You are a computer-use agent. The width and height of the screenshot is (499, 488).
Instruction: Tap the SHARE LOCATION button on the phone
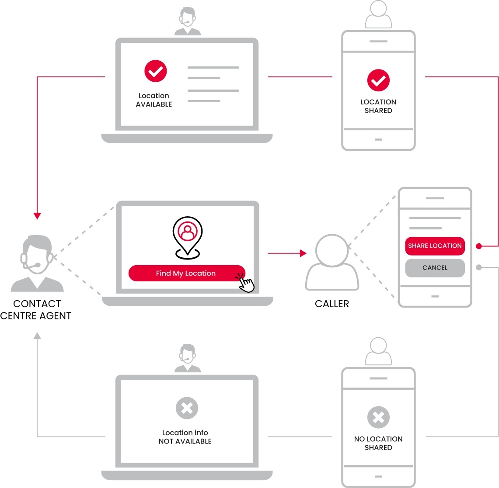coord(435,246)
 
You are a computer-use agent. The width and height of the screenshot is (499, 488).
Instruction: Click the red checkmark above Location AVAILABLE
coord(156,71)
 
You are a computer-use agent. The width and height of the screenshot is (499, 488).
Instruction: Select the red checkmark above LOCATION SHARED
coord(378,80)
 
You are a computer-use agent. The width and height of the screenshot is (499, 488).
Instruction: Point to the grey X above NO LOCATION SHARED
coord(378,417)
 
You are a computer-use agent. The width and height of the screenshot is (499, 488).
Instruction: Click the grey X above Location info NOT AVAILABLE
coord(187,408)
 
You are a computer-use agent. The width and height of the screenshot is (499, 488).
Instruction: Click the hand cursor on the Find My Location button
coord(246,283)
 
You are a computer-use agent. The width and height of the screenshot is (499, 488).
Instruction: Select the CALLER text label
coord(332,304)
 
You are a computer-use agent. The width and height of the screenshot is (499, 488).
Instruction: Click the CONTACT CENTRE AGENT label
coord(36,310)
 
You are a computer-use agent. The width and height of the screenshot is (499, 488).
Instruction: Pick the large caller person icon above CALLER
coord(332,262)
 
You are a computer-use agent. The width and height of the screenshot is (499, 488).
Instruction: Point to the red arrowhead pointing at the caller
coord(303,253)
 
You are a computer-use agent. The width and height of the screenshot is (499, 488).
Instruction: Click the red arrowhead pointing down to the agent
coord(37,216)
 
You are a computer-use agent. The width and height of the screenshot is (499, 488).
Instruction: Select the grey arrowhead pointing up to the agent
coord(37,336)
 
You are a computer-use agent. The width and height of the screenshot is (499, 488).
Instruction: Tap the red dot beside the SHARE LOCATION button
coord(479,246)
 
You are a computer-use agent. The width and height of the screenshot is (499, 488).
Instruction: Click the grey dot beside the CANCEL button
coord(479,267)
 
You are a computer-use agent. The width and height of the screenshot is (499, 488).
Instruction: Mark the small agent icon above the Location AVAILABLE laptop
coord(188,21)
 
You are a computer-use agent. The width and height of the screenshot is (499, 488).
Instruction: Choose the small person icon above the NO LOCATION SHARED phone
coord(378,351)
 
